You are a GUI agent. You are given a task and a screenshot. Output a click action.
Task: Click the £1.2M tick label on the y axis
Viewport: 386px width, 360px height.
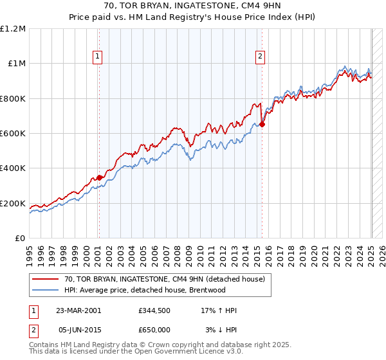[x=12, y=28]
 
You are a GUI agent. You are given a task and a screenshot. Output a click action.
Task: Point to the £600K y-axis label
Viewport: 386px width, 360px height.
[x=12, y=133]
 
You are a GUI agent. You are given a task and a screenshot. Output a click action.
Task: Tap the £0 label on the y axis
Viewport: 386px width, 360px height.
[x=20, y=239]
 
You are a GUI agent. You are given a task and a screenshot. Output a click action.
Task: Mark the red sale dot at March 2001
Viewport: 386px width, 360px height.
[x=99, y=178]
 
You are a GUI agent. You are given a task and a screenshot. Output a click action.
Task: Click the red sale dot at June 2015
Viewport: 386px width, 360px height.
[x=262, y=125]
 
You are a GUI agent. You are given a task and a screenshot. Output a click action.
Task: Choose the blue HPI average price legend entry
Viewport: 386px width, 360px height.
[x=144, y=290]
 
